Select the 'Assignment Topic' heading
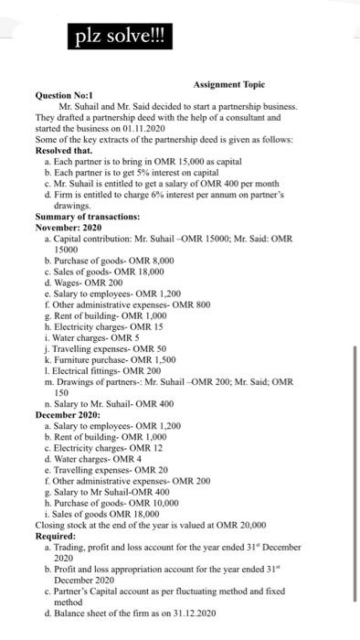[228, 83]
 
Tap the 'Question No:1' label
[65, 95]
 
